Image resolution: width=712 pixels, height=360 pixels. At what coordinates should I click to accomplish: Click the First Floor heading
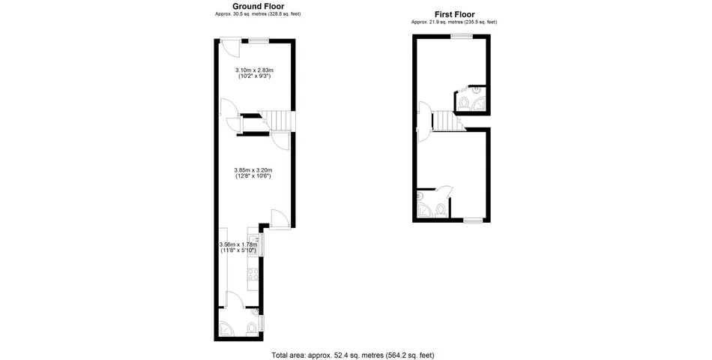pos(454,14)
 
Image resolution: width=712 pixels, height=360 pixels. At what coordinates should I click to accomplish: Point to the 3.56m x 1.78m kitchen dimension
pos(238,247)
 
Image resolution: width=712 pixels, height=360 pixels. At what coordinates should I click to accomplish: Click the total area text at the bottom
pos(352,355)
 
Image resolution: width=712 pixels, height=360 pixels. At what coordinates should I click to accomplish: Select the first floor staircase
pos(443,120)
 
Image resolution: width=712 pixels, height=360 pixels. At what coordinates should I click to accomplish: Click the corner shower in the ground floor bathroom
pos(225,328)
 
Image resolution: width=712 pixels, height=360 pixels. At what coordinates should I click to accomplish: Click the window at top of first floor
pos(461,37)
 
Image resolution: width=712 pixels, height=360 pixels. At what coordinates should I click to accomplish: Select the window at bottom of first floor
pos(472,220)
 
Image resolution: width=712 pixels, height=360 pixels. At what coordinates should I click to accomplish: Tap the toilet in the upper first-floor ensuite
pos(465,103)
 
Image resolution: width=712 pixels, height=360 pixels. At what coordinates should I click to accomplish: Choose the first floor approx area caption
pos(454,22)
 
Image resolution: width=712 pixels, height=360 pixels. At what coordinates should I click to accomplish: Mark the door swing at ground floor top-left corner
pos(229,49)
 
